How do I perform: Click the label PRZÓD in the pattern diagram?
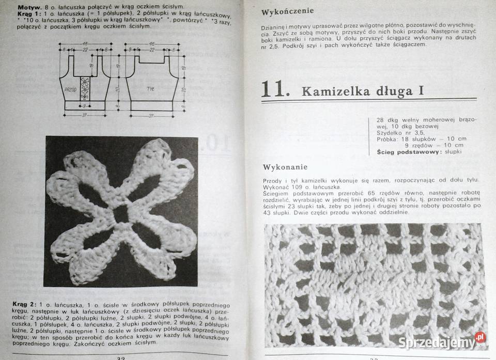70,89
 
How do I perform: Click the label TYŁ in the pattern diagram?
150,89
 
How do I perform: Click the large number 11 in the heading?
273,89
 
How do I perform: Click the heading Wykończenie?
287,11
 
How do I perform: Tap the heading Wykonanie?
285,167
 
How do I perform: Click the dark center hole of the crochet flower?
122,213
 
